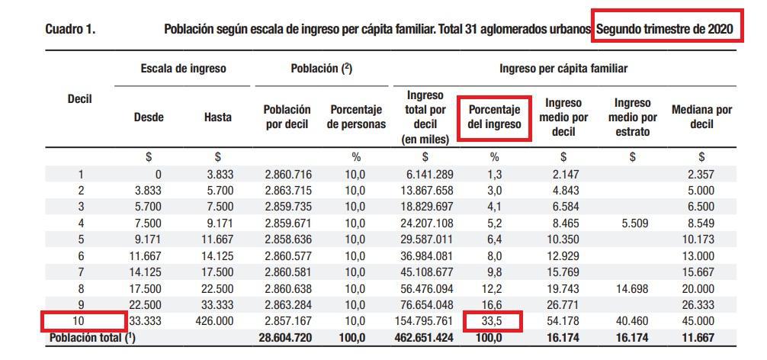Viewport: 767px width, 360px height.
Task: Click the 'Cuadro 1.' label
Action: (69, 30)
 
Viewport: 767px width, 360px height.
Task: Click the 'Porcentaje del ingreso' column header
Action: (494, 117)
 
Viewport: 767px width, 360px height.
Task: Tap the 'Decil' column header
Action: (80, 99)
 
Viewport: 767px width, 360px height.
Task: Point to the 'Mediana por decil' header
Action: (701, 117)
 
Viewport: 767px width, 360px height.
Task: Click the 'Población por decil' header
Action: (287, 117)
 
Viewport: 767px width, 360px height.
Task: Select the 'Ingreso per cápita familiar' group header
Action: (563, 69)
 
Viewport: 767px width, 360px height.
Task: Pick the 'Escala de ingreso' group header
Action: (183, 69)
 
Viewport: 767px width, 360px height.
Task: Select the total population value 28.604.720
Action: (287, 337)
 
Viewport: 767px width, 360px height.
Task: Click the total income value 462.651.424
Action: (425, 337)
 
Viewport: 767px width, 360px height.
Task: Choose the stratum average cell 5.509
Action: (632, 223)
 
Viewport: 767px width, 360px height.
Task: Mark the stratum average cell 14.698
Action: (632, 289)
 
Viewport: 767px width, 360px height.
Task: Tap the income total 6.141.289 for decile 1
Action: (428, 174)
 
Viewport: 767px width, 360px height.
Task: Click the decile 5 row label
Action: (81, 239)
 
